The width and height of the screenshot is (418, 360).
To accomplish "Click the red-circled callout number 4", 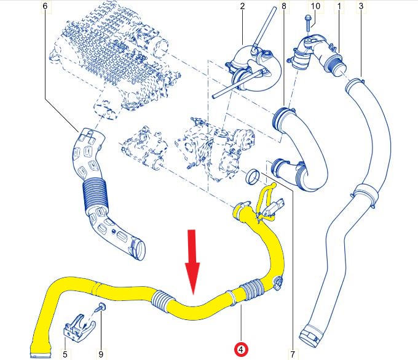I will [x=241, y=350].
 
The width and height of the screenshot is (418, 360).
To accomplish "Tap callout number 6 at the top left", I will [x=44, y=6].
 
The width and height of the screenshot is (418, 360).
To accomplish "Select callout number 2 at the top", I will [x=242, y=6].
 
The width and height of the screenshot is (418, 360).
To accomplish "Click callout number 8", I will [x=283, y=6].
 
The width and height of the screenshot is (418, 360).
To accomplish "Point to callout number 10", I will [x=315, y=6].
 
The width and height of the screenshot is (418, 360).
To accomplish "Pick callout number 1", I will [x=337, y=6].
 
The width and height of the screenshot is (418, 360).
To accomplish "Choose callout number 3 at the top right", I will [x=360, y=6].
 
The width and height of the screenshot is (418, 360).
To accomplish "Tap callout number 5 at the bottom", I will [x=65, y=354].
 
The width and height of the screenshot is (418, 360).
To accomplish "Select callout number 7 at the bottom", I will [x=293, y=354].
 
